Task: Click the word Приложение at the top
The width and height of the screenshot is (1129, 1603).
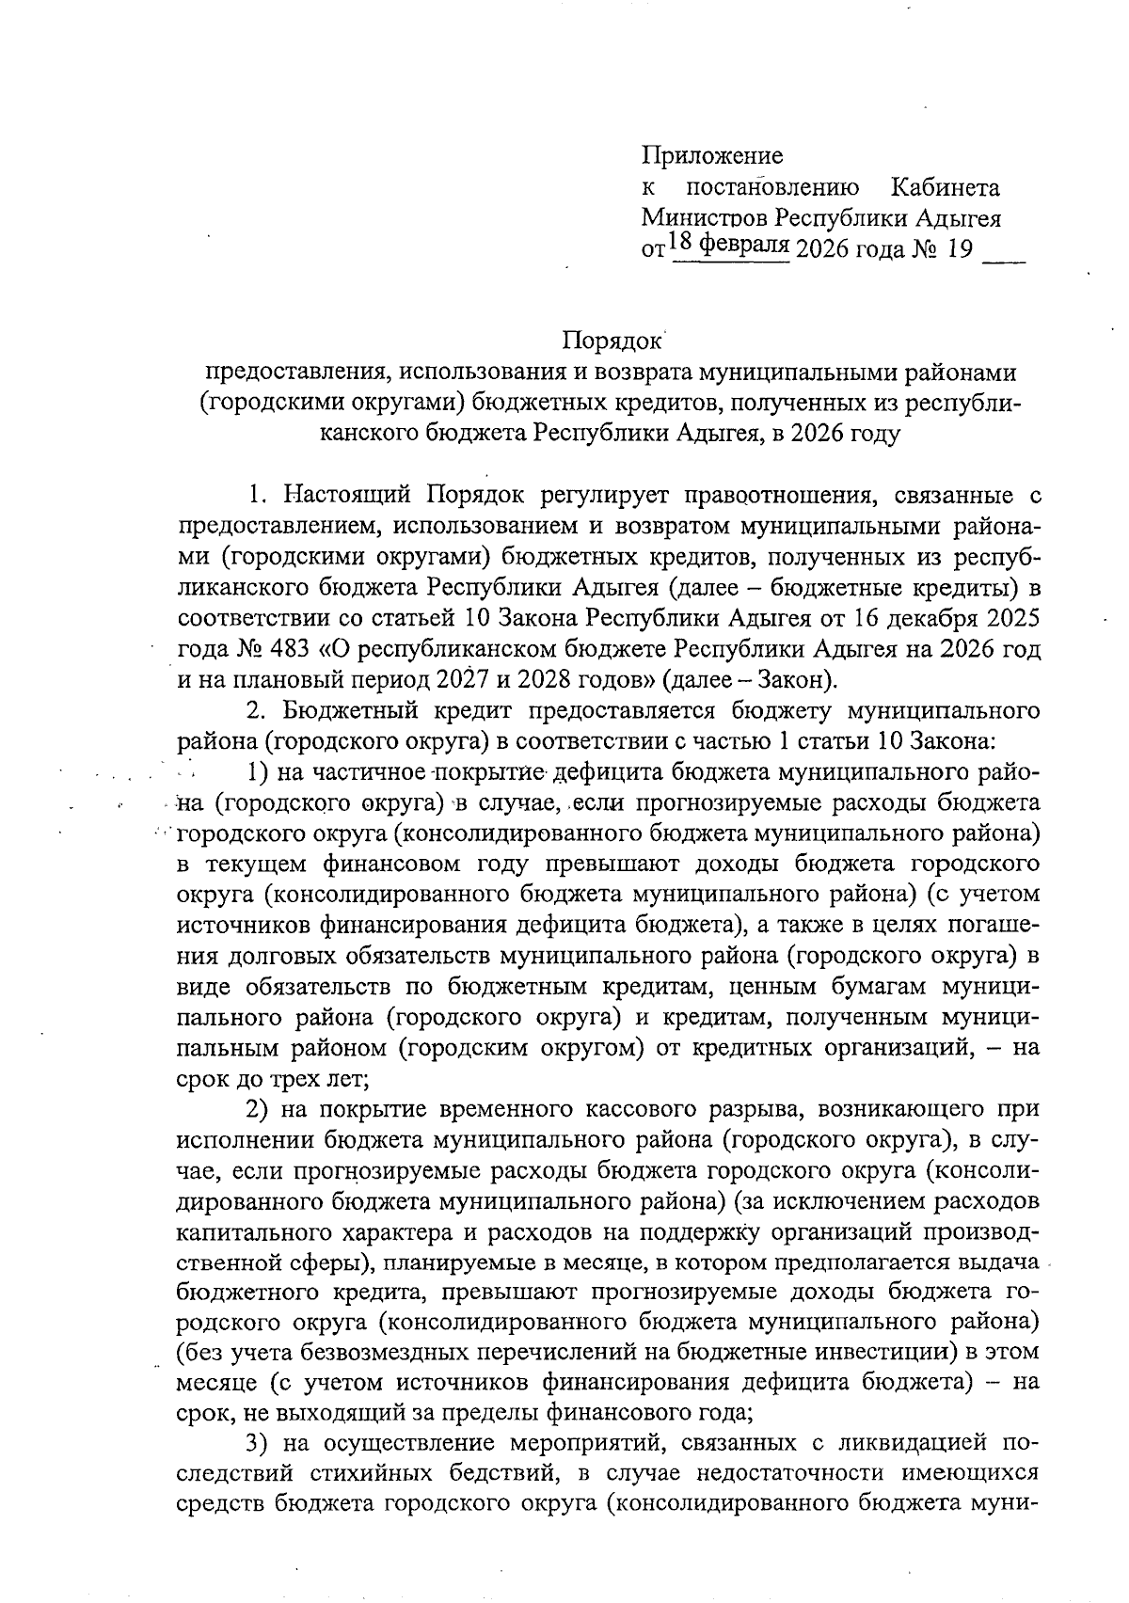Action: pyautogui.click(x=711, y=155)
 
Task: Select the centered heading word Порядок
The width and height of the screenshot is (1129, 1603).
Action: pyautogui.click(x=612, y=341)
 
